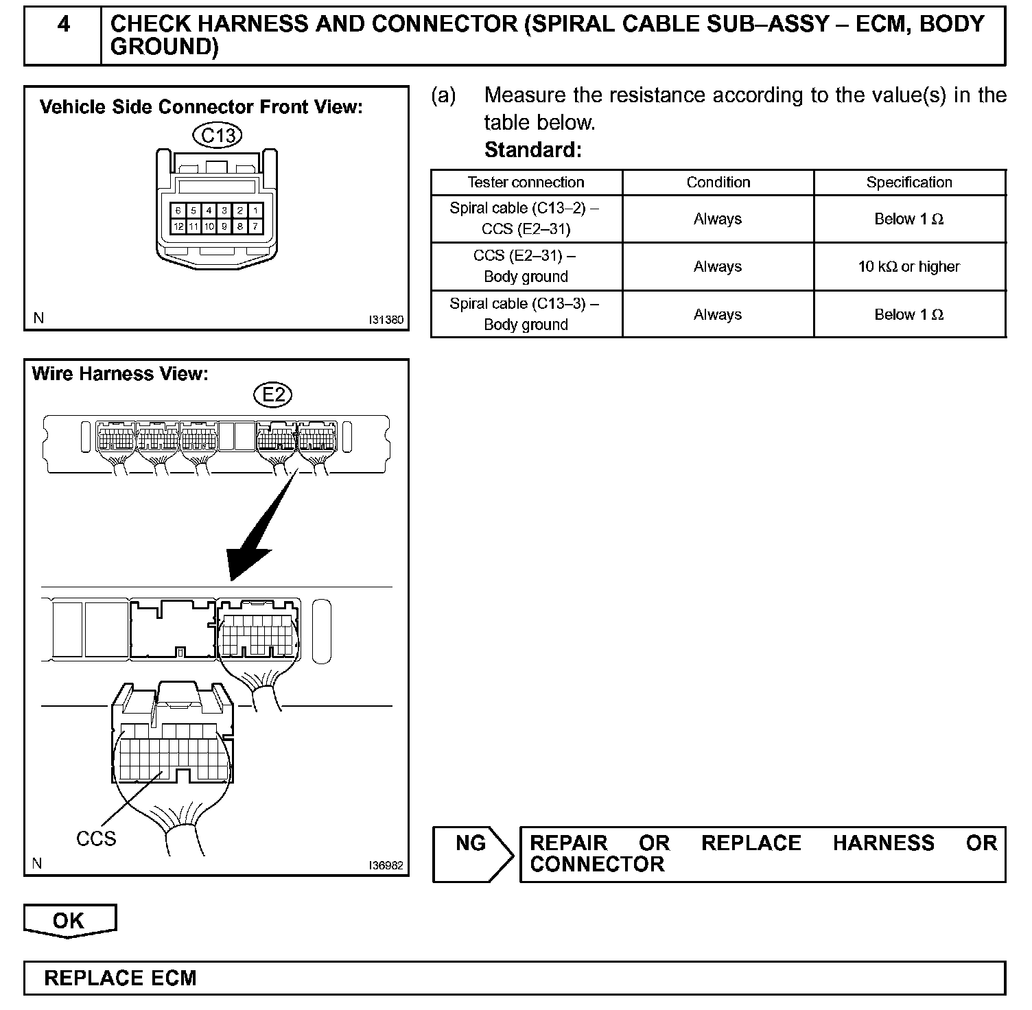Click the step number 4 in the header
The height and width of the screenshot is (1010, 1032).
[x=63, y=25]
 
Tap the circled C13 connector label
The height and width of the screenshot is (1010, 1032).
[x=218, y=135]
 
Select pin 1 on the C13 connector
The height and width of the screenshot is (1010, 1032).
[x=255, y=211]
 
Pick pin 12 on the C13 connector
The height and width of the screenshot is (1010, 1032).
[x=178, y=226]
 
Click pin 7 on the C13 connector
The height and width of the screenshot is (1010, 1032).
[x=255, y=226]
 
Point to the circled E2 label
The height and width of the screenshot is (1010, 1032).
[x=272, y=395]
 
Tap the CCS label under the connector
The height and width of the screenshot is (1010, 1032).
[x=96, y=838]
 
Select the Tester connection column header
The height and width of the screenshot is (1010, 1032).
[x=526, y=183]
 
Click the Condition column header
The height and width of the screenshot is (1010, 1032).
[x=718, y=183]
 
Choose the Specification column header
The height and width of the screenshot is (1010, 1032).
[x=909, y=183]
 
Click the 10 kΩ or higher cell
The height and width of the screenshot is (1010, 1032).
[x=909, y=266]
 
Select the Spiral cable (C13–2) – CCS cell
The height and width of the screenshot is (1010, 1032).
[x=526, y=218]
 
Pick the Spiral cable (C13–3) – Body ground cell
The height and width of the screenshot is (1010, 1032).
[x=526, y=314]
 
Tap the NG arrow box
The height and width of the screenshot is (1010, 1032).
[x=472, y=853]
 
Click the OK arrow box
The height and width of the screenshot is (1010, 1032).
[x=69, y=921]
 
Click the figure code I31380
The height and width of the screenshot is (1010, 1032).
[x=386, y=320]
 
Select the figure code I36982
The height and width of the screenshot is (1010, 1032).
[x=386, y=865]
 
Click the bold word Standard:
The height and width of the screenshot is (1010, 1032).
[x=532, y=150]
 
